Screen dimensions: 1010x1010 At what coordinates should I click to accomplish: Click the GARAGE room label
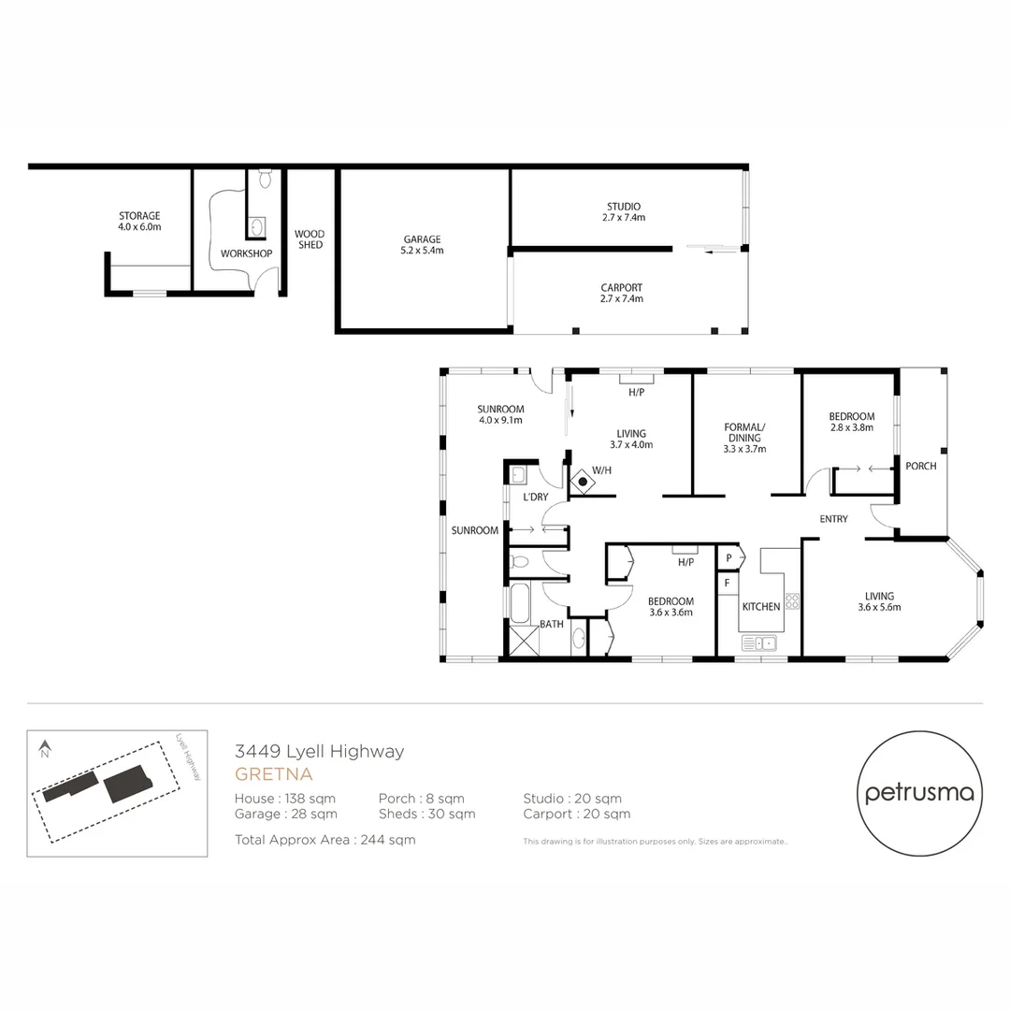(x=423, y=245)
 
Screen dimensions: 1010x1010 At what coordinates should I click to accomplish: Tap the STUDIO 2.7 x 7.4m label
(x=624, y=211)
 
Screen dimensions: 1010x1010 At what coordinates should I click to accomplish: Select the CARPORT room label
(x=622, y=294)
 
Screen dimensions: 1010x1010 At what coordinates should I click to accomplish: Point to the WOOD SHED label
(x=310, y=239)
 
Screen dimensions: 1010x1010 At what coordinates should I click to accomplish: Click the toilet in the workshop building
(x=265, y=179)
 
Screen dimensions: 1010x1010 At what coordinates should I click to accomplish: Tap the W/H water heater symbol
(x=582, y=483)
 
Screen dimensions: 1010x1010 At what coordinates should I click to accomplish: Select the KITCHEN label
(x=760, y=607)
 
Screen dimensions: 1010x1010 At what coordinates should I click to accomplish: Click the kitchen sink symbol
(x=758, y=642)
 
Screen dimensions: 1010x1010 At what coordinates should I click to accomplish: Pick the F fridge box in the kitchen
(x=727, y=582)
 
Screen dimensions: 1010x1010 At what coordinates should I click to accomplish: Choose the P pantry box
(x=729, y=558)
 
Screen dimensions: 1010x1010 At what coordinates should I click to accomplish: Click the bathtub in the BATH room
(x=521, y=603)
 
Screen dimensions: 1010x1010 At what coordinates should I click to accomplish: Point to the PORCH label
(x=921, y=466)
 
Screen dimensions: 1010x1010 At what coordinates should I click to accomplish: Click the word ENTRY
(x=833, y=519)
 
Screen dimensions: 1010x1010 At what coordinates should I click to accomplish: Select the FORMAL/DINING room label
(x=744, y=438)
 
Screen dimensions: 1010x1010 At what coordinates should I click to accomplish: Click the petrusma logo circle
(x=919, y=793)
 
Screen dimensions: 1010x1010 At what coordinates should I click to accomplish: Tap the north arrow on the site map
(x=45, y=748)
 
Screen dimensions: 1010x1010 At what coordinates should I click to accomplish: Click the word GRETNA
(x=273, y=774)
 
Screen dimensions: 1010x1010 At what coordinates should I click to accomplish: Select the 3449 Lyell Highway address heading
(x=319, y=751)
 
